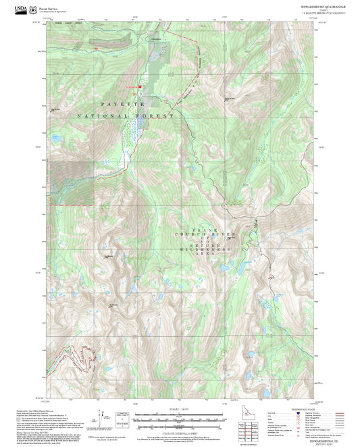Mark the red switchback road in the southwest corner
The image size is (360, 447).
click(x=78, y=356)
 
